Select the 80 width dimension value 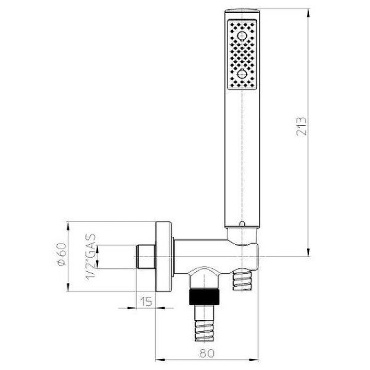(208, 353)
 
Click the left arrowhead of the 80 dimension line (158, 360)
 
